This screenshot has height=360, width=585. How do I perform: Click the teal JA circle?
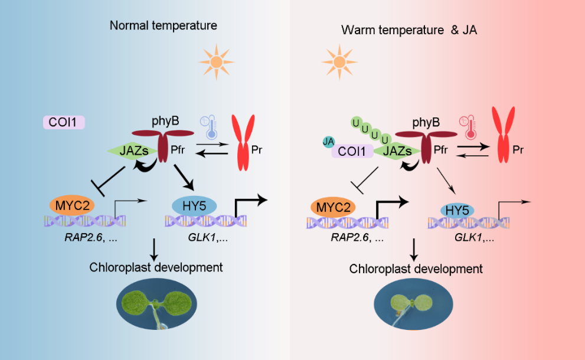click(329, 141)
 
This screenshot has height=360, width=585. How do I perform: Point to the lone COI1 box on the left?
click(64, 122)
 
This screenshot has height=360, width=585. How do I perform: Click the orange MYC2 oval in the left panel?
click(71, 205)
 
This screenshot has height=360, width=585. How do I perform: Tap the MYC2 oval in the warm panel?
click(333, 208)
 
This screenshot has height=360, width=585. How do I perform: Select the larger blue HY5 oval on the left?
click(194, 205)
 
